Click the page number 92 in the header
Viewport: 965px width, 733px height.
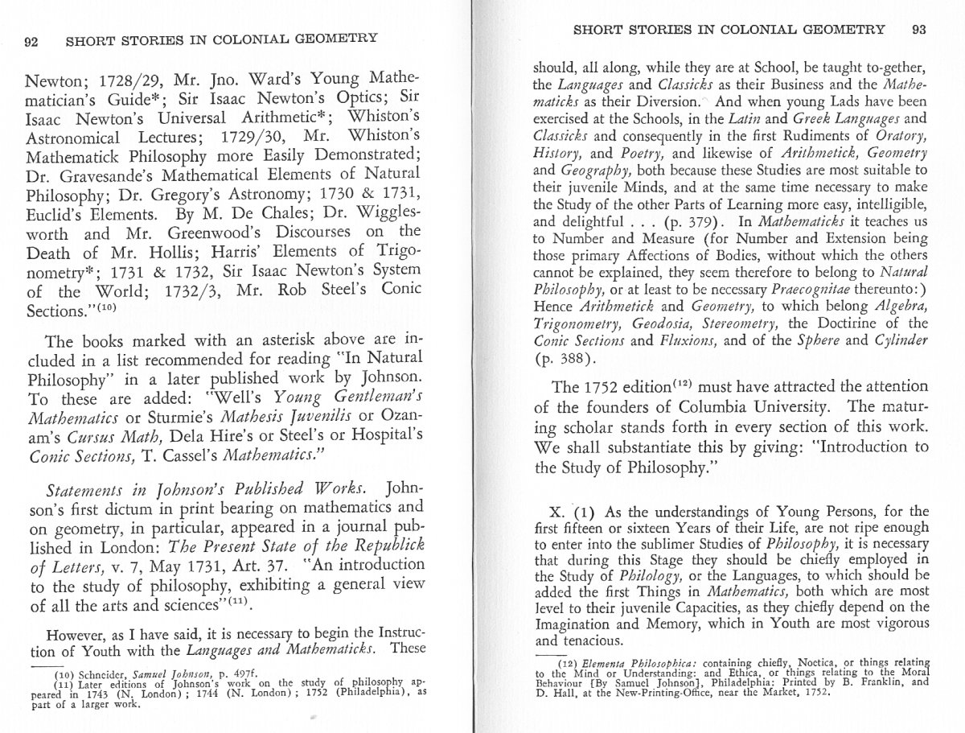pyautogui.click(x=31, y=43)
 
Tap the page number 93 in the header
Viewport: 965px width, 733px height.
pyautogui.click(x=919, y=30)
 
